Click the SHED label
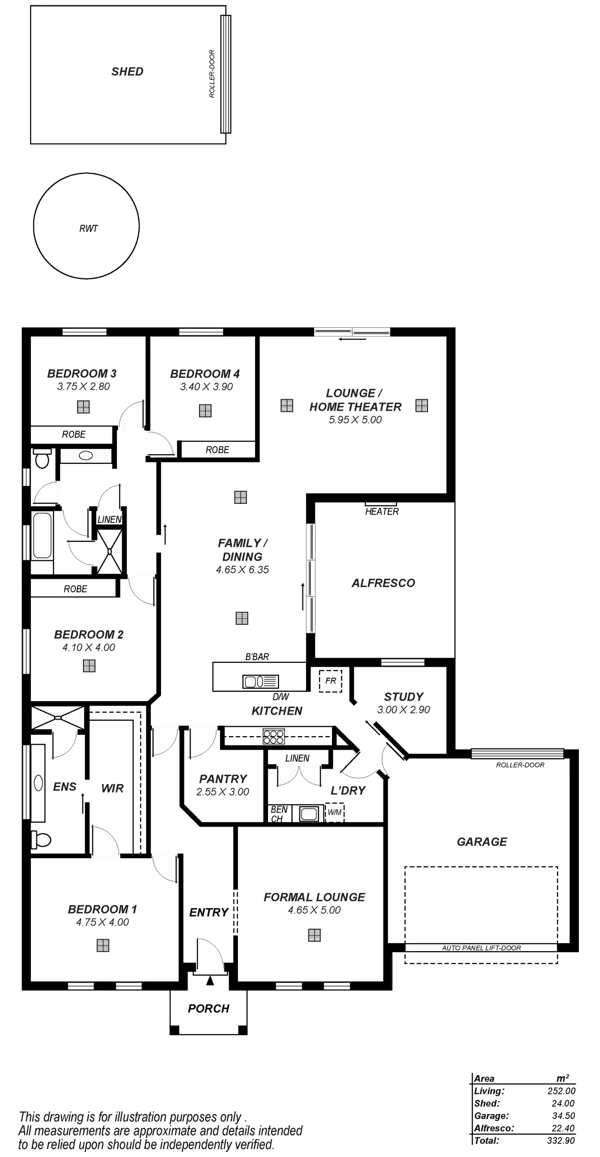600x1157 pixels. point(127,71)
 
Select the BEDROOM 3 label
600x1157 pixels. point(82,373)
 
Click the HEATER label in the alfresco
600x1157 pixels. point(382,511)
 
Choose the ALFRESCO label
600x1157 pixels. point(383,583)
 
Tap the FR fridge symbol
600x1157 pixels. point(330,681)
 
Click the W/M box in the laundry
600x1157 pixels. point(334,813)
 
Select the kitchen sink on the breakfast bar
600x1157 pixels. point(260,681)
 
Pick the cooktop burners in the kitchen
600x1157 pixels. point(274,734)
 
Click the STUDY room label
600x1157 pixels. point(403,697)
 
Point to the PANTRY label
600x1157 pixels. point(223,779)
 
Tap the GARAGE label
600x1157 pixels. point(482,842)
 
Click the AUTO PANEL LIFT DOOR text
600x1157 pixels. point(481,948)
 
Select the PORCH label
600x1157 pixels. point(208,1009)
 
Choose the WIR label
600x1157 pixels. point(112,788)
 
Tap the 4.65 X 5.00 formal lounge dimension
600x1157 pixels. point(314,910)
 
